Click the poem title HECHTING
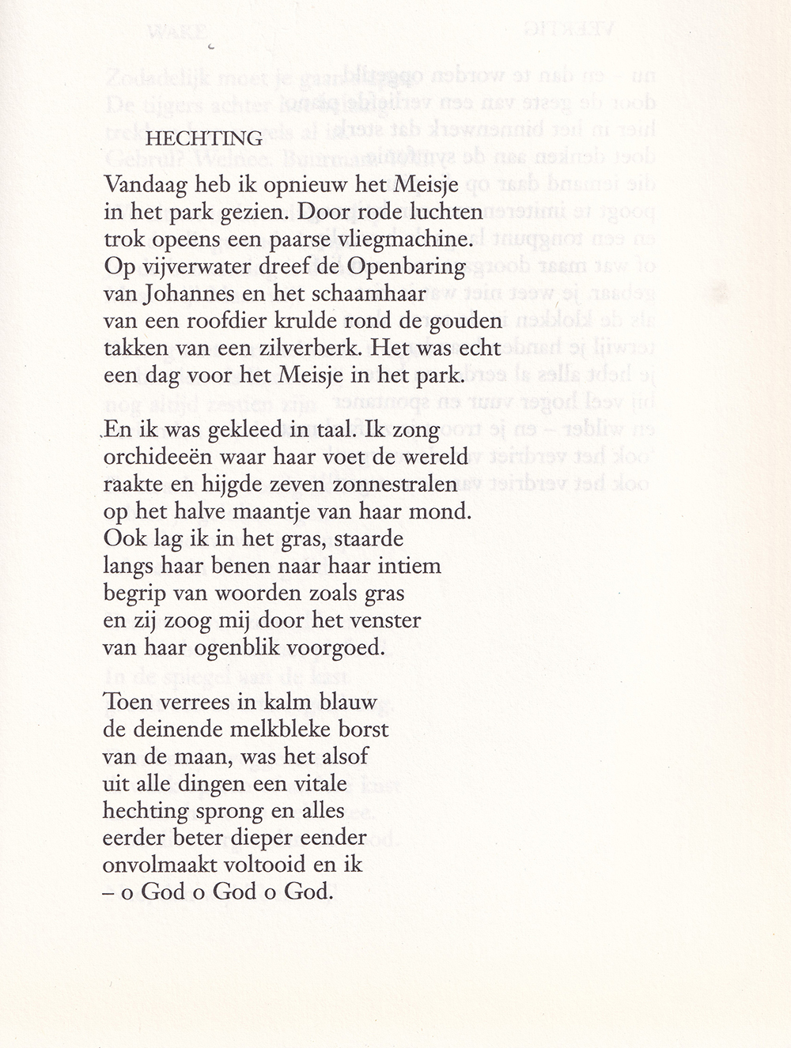tap(204, 138)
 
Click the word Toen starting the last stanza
tap(131, 701)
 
